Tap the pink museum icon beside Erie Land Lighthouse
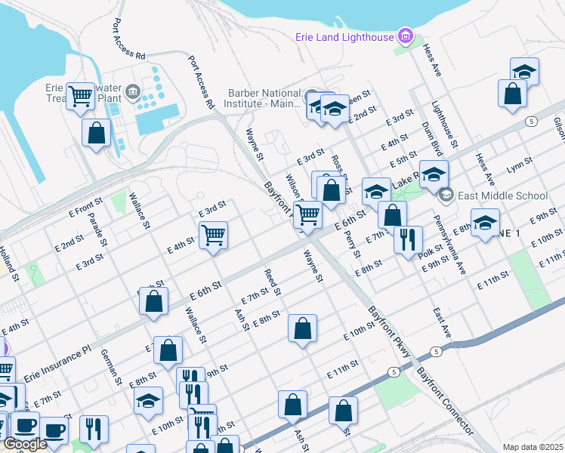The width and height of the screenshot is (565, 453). (406, 35)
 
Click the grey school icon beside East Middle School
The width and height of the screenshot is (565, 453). (446, 196)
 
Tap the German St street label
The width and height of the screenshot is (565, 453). (111, 367)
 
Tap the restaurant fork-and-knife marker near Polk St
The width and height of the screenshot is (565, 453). (408, 240)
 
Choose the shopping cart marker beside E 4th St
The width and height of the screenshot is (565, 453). (214, 235)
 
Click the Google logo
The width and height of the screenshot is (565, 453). (25, 444)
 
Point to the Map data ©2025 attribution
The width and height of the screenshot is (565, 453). (533, 447)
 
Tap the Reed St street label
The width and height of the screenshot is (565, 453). (273, 282)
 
